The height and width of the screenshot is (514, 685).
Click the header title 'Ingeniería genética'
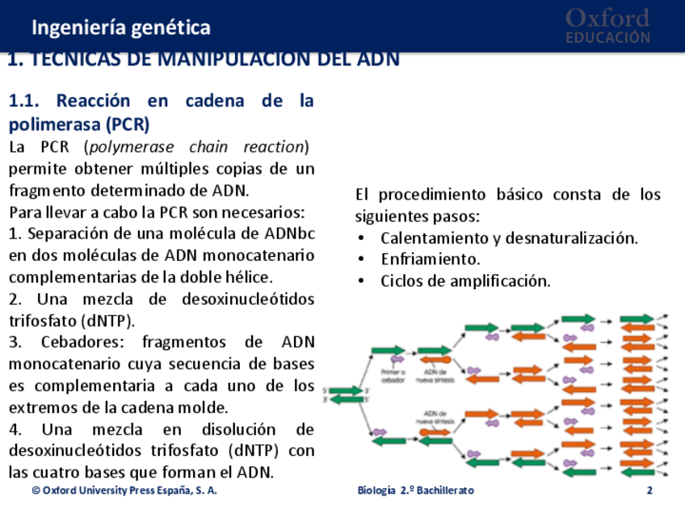[121, 27]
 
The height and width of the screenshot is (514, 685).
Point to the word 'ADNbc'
[290, 234]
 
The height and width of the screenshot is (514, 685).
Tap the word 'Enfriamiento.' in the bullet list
[431, 259]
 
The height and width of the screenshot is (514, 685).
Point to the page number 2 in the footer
[649, 491]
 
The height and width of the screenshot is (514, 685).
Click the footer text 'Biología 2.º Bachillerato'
[415, 491]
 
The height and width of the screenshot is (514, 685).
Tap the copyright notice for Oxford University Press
[124, 491]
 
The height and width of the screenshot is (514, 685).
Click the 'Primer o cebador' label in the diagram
[393, 376]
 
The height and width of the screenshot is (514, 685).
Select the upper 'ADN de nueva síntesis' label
[435, 376]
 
